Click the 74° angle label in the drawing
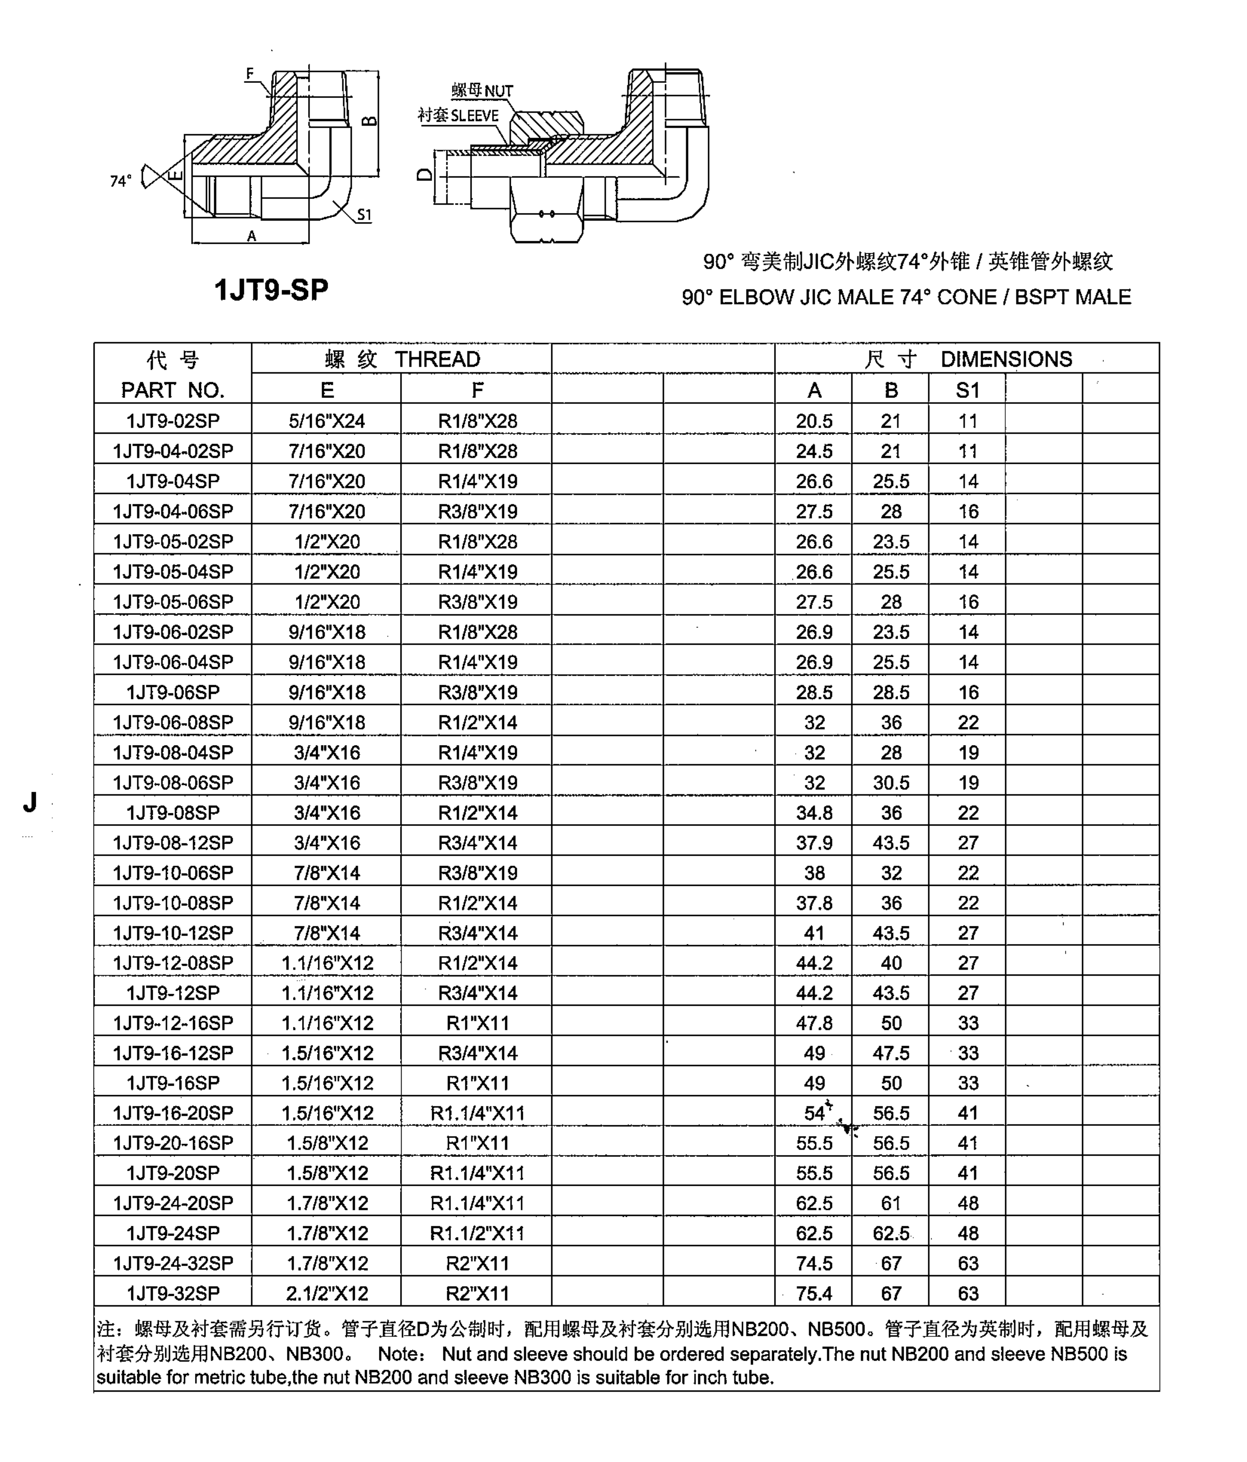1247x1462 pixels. click(x=121, y=181)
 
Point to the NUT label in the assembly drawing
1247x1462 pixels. click(x=498, y=91)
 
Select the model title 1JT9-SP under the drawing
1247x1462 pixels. click(x=271, y=290)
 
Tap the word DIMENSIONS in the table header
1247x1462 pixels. click(x=1006, y=359)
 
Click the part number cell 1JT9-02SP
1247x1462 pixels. click(x=173, y=421)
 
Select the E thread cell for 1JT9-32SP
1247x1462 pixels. click(x=327, y=1293)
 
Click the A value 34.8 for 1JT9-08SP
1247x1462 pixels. click(x=814, y=813)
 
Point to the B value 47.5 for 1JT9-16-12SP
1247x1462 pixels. click(x=891, y=1054)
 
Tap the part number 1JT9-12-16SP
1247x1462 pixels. click(x=173, y=1023)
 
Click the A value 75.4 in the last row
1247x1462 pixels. click(x=814, y=1293)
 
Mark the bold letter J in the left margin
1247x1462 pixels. click(x=30, y=802)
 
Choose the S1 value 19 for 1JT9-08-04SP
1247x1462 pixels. click(x=968, y=753)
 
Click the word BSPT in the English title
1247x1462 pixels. click(x=1040, y=297)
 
